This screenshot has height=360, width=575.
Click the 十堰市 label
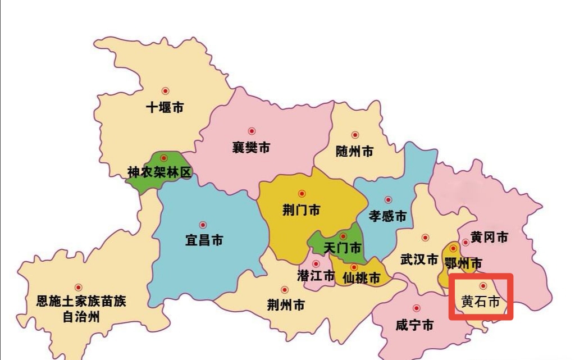click(165, 108)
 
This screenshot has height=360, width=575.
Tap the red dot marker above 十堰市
click(165, 90)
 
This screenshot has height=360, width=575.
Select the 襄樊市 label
click(251, 148)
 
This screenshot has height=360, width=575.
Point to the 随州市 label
click(354, 152)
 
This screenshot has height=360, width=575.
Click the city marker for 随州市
click(355, 135)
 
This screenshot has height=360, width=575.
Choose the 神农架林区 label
click(159, 172)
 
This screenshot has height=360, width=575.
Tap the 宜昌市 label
click(204, 240)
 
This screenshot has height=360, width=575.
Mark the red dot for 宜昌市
click(203, 225)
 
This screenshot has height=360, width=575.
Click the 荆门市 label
click(301, 210)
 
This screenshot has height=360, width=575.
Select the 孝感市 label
click(387, 216)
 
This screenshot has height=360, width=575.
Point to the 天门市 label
click(343, 248)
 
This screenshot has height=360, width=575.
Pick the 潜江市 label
click(316, 276)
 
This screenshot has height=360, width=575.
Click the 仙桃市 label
click(361, 277)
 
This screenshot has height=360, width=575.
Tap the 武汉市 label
click(419, 259)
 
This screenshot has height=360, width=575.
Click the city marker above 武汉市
click(425, 238)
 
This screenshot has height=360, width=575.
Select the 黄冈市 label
click(489, 237)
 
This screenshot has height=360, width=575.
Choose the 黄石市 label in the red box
click(481, 302)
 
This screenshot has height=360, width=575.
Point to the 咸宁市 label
click(414, 325)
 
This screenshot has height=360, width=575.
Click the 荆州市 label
click(286, 305)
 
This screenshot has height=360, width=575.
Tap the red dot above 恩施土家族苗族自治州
click(78, 287)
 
